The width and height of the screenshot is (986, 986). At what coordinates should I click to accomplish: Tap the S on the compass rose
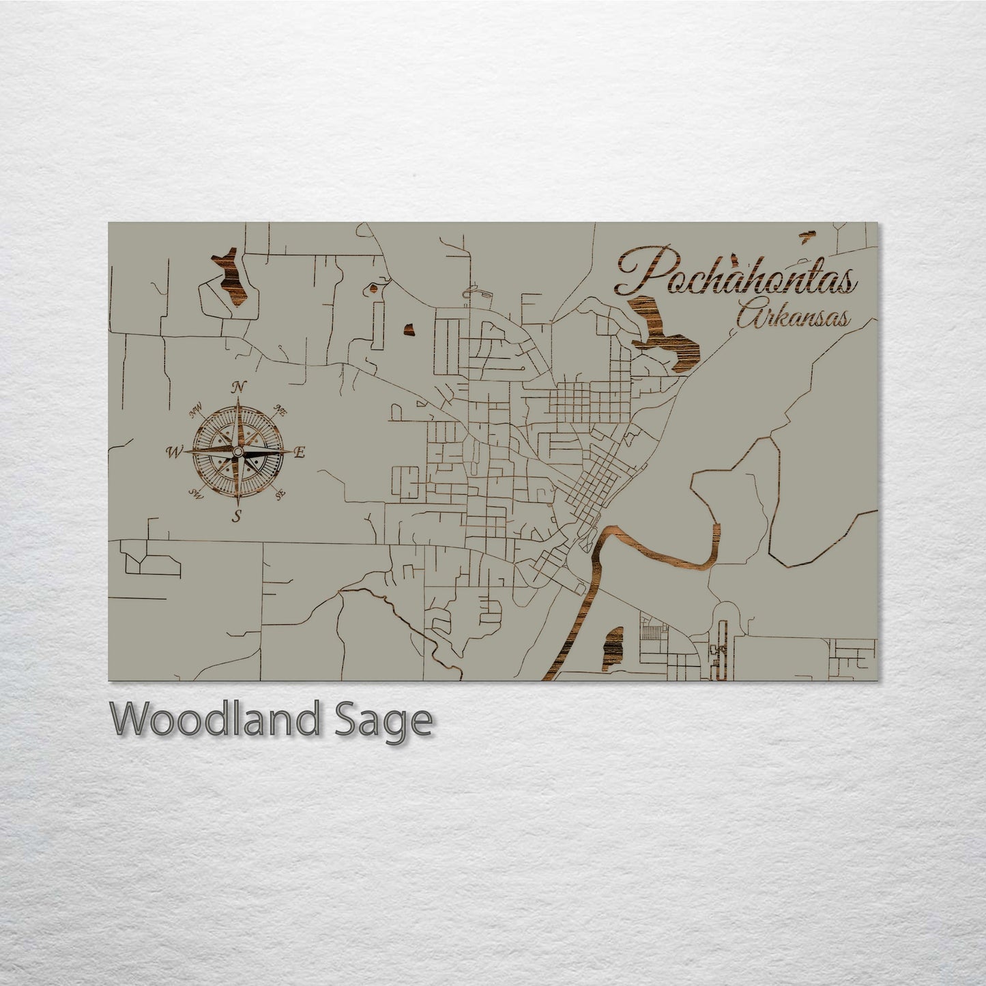click(237, 516)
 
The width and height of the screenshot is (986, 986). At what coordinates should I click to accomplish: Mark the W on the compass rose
click(174, 451)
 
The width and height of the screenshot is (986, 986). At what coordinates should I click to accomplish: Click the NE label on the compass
click(279, 410)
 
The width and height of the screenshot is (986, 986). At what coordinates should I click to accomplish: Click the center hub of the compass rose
click(237, 452)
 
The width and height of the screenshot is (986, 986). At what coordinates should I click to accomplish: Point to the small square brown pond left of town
click(409, 330)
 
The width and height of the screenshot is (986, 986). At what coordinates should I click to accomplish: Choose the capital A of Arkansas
click(750, 317)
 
